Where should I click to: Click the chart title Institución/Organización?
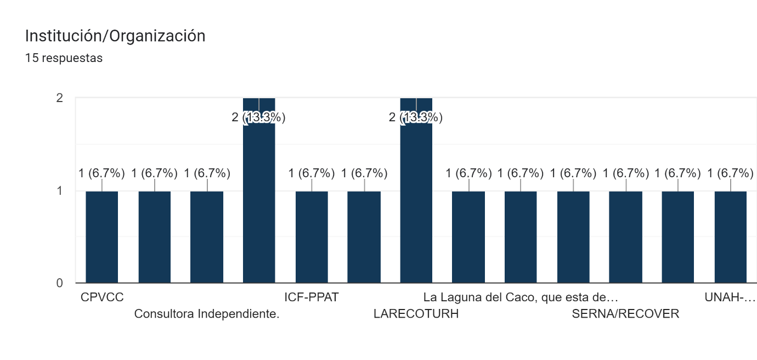click(115, 36)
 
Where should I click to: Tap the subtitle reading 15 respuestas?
click(64, 58)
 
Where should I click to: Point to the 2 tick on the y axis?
click(59, 98)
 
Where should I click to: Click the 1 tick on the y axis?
click(59, 191)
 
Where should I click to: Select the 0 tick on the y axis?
click(59, 283)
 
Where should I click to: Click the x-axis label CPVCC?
click(102, 297)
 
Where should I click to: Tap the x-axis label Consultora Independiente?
click(207, 314)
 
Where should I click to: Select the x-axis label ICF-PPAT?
click(312, 297)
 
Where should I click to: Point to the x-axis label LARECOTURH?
click(416, 314)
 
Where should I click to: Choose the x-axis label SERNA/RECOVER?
click(625, 314)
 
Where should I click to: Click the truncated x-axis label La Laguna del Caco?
click(521, 297)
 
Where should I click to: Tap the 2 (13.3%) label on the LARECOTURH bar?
click(416, 117)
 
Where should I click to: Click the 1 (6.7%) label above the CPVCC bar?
click(102, 173)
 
